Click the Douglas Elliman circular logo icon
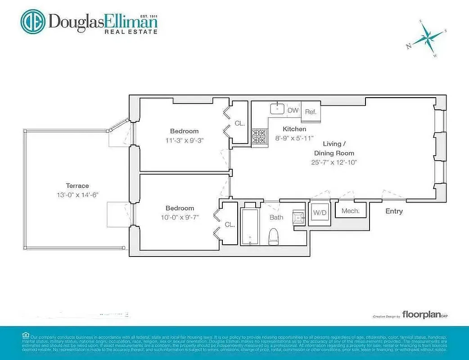(33, 21)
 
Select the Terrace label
(77, 185)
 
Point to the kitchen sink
(277, 108)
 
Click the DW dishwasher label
(293, 110)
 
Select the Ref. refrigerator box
(311, 112)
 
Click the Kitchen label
(294, 129)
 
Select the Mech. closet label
(350, 211)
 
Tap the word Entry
(394, 211)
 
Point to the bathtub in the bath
(250, 226)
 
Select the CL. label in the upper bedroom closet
(239, 123)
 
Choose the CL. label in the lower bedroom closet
(230, 224)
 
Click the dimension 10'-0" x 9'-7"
(180, 217)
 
